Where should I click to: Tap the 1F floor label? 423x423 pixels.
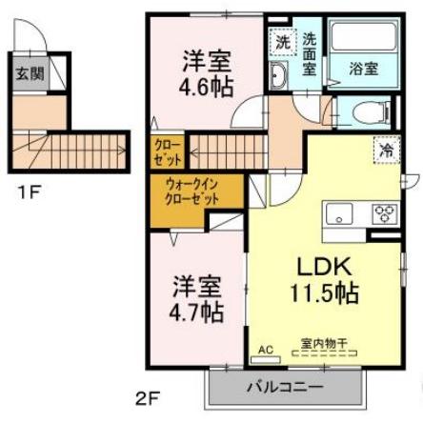[30, 191]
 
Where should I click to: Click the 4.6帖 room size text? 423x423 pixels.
[205, 83]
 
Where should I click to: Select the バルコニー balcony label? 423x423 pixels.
[285, 388]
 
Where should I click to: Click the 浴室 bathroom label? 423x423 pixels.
[363, 70]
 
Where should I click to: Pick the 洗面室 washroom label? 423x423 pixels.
[311, 53]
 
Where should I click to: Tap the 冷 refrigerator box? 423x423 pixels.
[387, 149]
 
